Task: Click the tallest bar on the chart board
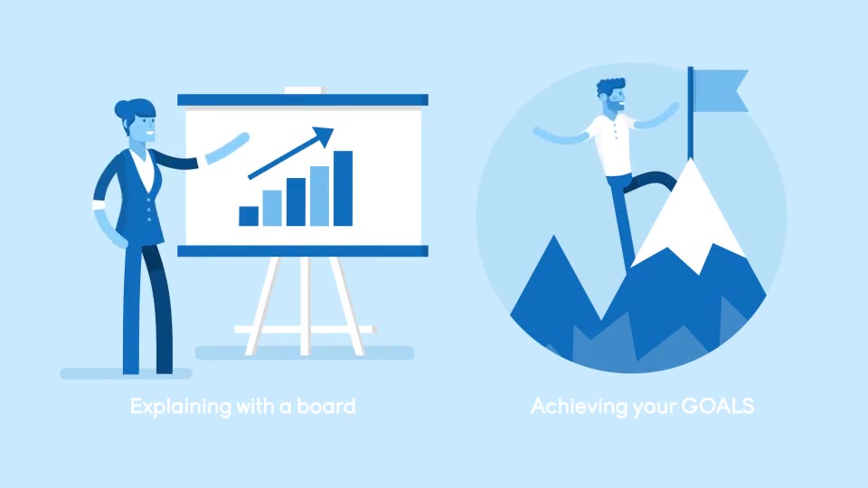343,188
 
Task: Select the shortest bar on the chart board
249,216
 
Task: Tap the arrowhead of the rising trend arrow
324,136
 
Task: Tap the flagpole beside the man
690,114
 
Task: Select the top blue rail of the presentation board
303,99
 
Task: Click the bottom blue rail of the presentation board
303,251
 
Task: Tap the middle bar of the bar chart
296,202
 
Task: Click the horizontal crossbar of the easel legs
306,329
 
